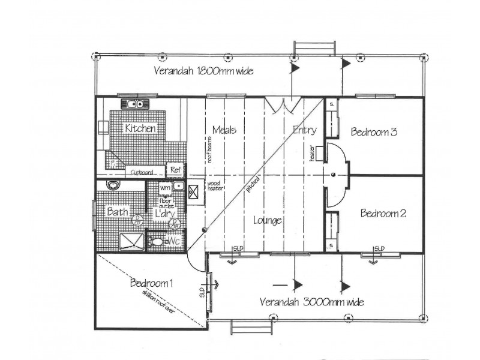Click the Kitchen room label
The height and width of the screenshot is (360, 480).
point(140,128)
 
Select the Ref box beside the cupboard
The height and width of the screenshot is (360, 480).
point(175,170)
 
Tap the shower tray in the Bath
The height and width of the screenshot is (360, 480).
point(130,241)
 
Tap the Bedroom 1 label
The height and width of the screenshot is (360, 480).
point(152,283)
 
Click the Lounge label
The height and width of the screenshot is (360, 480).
point(267,220)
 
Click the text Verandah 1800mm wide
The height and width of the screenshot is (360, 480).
point(203,71)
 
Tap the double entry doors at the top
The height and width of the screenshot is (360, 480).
point(281,105)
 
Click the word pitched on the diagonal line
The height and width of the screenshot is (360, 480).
point(253,184)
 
